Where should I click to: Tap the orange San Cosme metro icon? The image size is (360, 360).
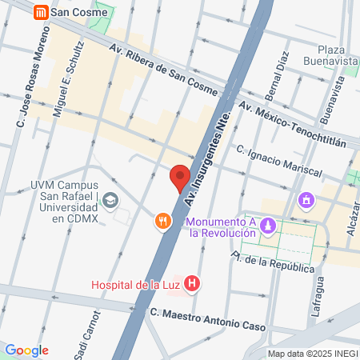pyautogui.click(x=40, y=12)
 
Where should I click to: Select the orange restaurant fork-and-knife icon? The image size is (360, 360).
pyautogui.click(x=163, y=221)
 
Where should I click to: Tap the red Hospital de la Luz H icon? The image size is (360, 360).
pyautogui.click(x=191, y=283)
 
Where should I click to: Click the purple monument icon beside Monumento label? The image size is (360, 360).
pyautogui.click(x=270, y=227)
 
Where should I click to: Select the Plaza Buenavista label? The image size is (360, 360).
pyautogui.click(x=330, y=54)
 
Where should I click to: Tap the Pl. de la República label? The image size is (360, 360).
pyautogui.click(x=273, y=263)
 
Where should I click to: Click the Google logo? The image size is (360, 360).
pyautogui.click(x=26, y=350)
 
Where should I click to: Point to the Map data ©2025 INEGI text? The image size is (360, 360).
pyautogui.click(x=312, y=354)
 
